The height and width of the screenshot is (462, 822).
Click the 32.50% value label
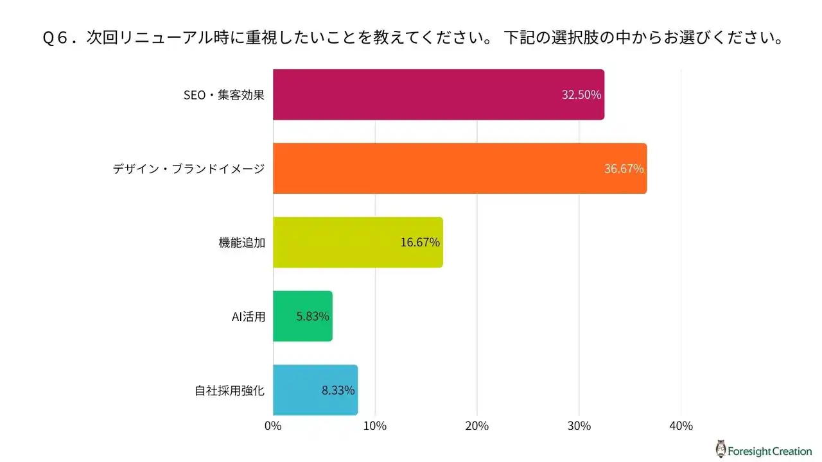581,95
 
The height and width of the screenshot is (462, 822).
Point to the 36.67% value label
624,169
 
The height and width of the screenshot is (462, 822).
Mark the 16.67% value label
420,243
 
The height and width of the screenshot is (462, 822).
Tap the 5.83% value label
313,316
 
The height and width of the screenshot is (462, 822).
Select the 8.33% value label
338,390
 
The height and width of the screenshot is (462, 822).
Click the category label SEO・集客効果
224,95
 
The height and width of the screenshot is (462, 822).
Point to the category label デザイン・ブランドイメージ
189,169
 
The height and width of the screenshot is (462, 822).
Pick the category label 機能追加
241,243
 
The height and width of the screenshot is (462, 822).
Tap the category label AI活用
248,316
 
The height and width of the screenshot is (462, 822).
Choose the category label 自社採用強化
230,390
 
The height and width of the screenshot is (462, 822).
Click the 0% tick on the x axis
273,425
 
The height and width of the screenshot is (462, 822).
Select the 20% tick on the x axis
477,425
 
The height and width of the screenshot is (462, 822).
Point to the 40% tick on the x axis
681,425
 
